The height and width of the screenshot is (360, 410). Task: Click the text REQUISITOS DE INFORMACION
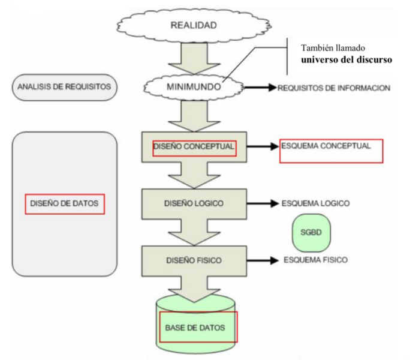coord(333,88)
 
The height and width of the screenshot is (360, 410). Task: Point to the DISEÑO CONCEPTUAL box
coord(193,146)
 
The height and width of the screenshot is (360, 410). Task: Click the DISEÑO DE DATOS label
coord(65,204)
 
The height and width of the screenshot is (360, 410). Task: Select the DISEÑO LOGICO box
coord(193,203)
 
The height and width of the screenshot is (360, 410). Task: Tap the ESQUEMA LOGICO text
coord(315,203)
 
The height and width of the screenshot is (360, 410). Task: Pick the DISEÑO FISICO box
coord(193,260)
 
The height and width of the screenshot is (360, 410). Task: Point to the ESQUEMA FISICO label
coord(315,260)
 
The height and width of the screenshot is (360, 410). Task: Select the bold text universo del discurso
coord(346,60)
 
